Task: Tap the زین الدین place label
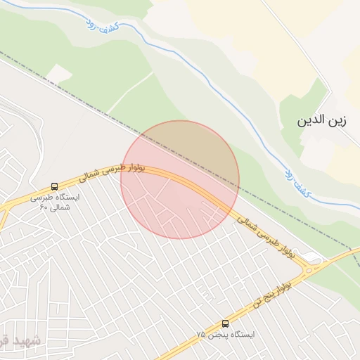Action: pyautogui.click(x=323, y=120)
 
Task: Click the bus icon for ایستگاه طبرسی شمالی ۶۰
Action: pyautogui.click(x=55, y=186)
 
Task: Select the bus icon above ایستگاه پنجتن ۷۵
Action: pyautogui.click(x=226, y=324)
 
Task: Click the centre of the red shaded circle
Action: pyautogui.click(x=180, y=180)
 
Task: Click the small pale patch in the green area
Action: pyautogui.click(x=60, y=73)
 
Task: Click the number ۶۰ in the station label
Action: pyautogui.click(x=43, y=207)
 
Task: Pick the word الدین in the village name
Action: pyautogui.click(x=311, y=120)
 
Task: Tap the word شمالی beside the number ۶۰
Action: pyautogui.click(x=62, y=207)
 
